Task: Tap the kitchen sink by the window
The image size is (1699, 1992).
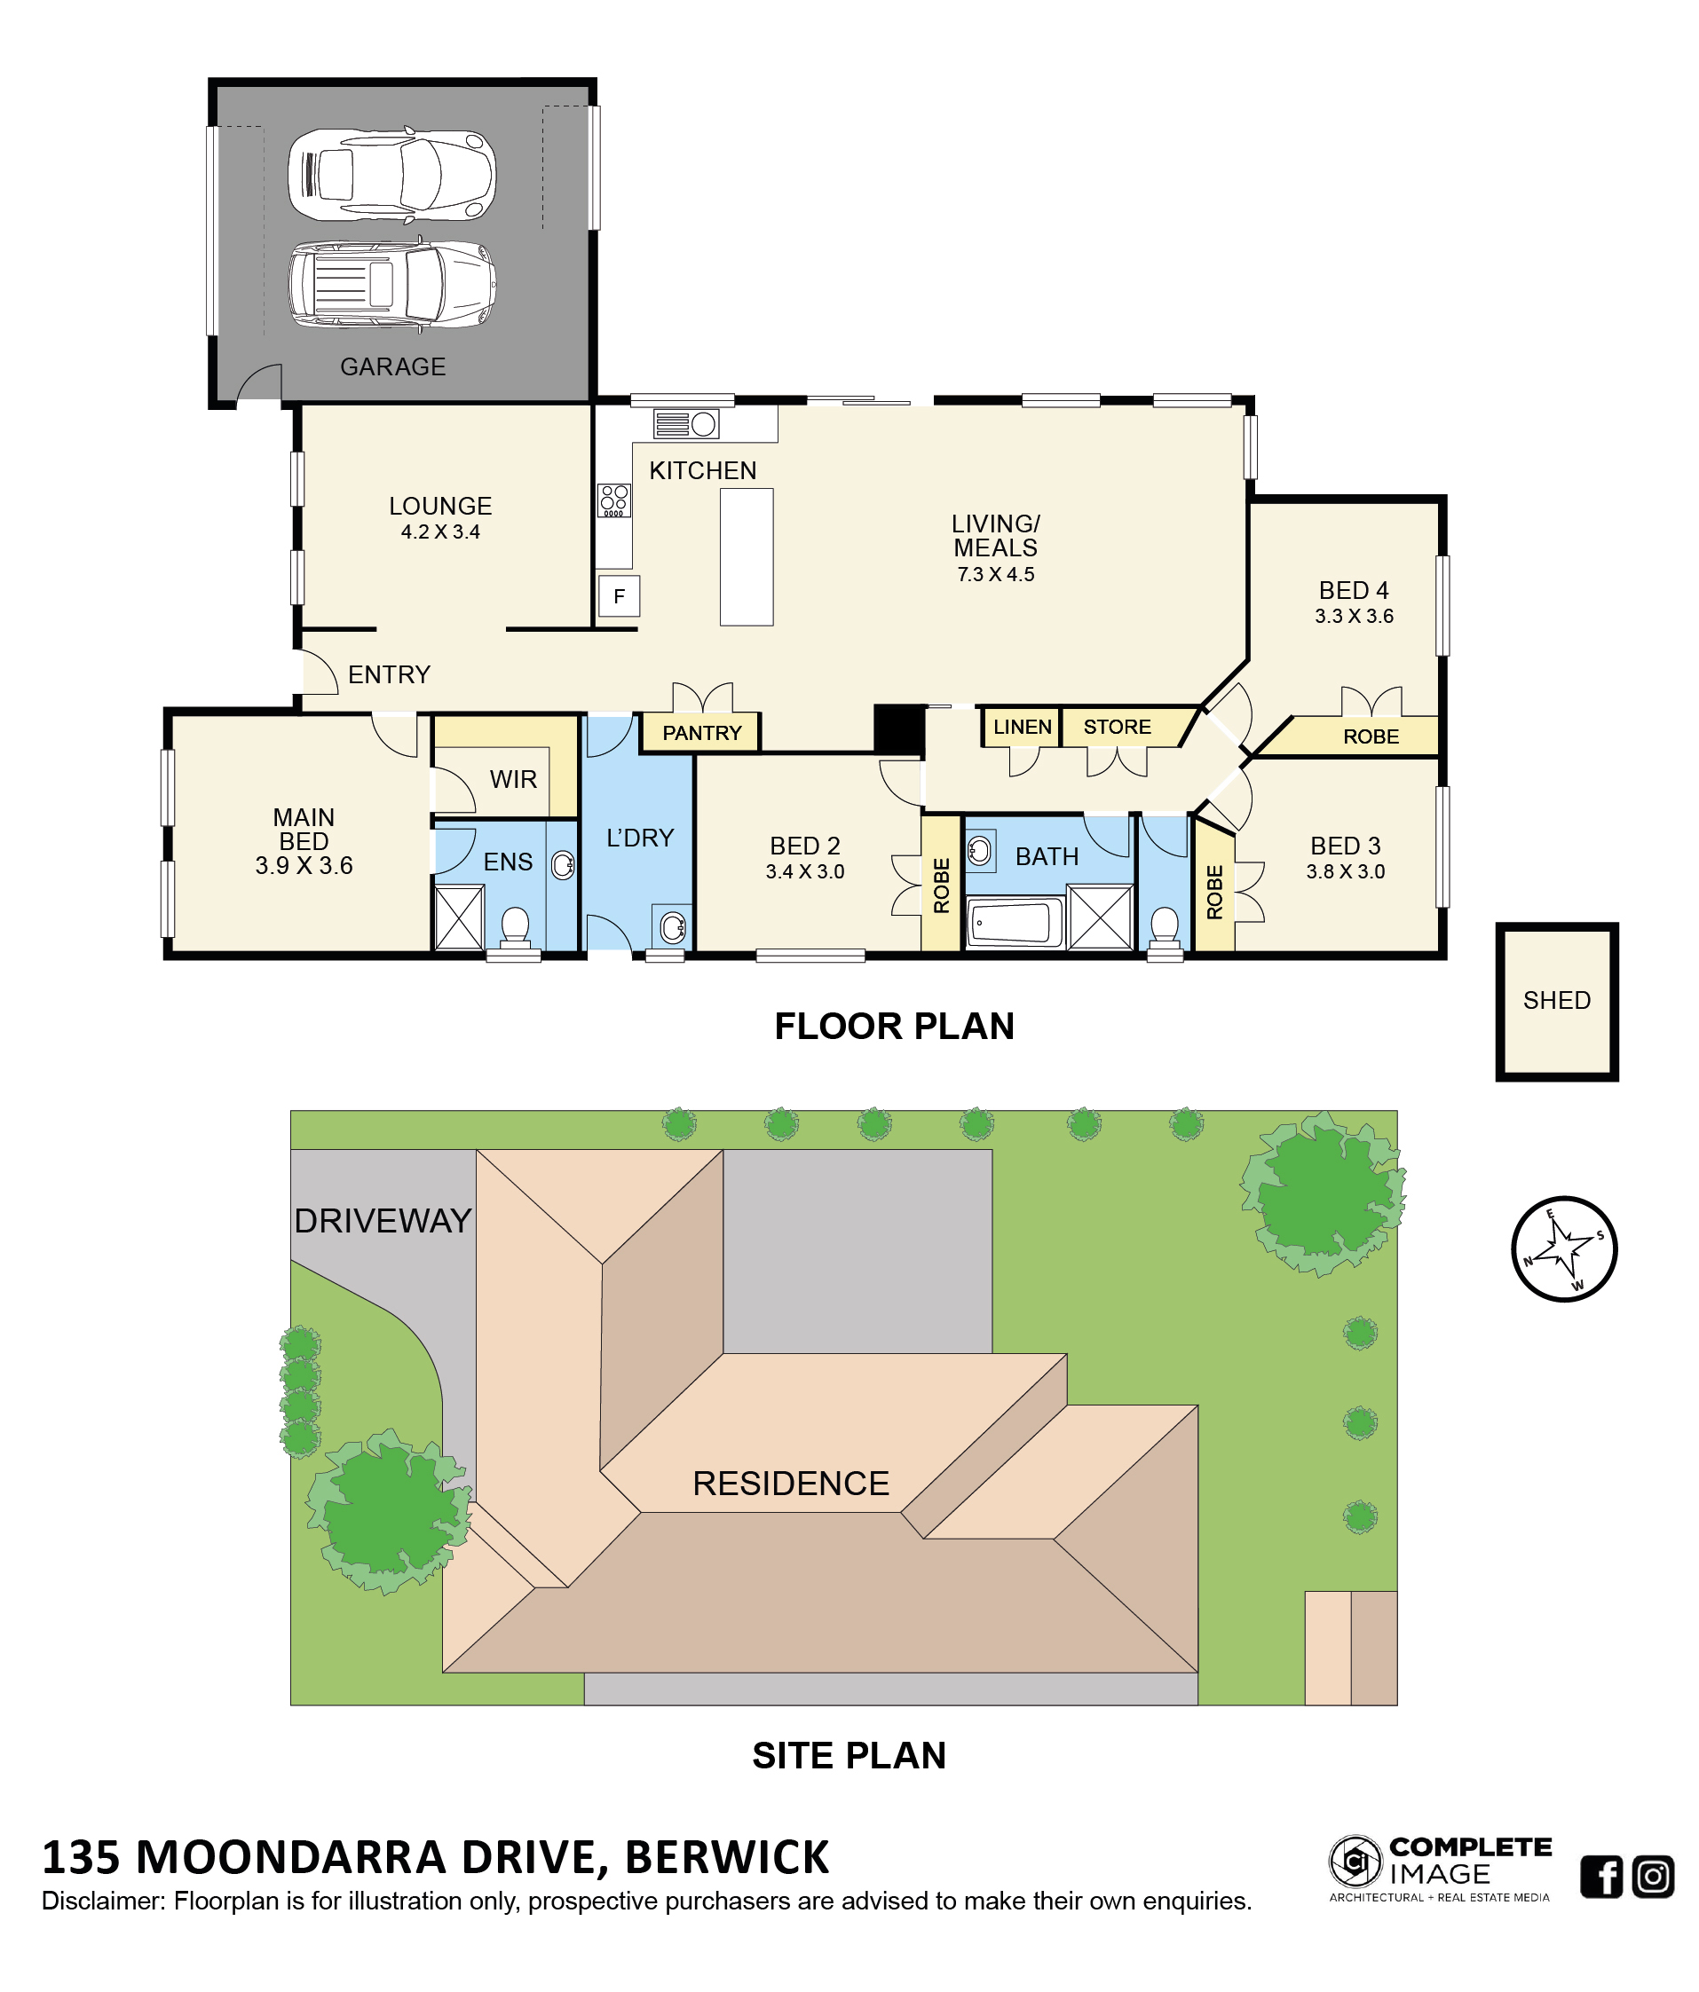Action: (685, 423)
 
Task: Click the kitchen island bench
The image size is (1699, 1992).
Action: (747, 556)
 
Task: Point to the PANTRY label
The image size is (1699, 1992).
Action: (702, 733)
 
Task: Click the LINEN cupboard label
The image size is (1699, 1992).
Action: (1022, 727)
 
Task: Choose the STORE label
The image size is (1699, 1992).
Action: (1117, 727)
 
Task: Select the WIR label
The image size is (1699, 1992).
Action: (513, 780)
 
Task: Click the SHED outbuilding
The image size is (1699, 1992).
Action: (1557, 1002)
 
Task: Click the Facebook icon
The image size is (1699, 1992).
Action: (1601, 1877)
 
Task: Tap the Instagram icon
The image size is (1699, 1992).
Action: (1653, 1877)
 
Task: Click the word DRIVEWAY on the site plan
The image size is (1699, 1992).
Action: (383, 1221)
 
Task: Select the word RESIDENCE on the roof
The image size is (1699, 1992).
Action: (790, 1484)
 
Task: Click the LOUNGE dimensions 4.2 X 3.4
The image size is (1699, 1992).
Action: (440, 532)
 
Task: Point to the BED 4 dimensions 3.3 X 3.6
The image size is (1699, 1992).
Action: (1354, 617)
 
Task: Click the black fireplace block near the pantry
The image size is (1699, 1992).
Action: (899, 729)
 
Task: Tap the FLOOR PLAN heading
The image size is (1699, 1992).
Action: (894, 1027)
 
